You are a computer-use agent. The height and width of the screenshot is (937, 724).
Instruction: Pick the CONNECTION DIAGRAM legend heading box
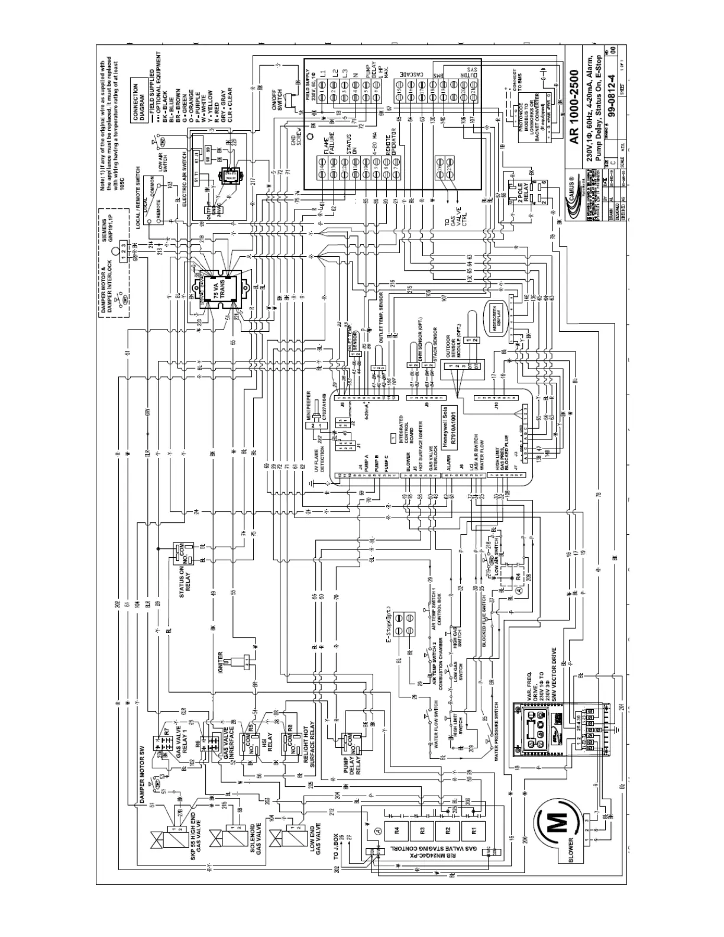(x=140, y=97)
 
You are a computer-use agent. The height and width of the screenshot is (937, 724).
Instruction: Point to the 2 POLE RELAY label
(x=521, y=195)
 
